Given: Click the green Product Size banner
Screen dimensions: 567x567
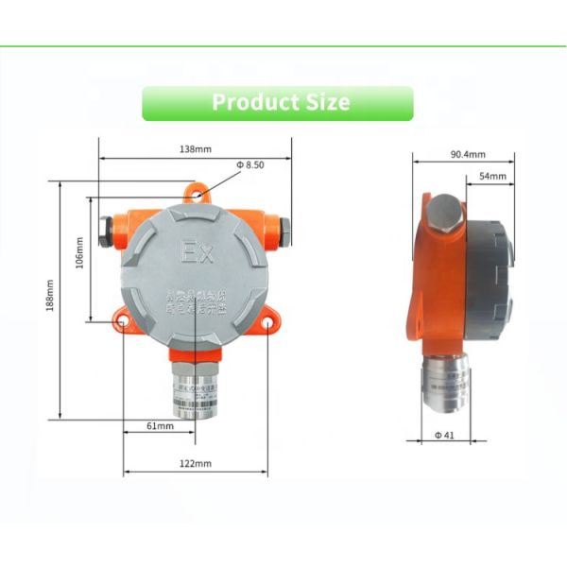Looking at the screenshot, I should pyautogui.click(x=278, y=103).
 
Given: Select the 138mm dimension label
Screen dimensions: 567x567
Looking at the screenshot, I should pyautogui.click(x=195, y=149).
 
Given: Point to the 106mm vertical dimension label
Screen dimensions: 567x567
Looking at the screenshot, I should pyautogui.click(x=79, y=252).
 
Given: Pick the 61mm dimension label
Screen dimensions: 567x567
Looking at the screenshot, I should pyautogui.click(x=161, y=427).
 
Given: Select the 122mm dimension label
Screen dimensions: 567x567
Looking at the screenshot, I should pyautogui.click(x=196, y=463).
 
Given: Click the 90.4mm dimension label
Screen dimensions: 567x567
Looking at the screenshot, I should pyautogui.click(x=467, y=154).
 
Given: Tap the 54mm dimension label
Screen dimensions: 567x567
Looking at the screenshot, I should pyautogui.click(x=492, y=177).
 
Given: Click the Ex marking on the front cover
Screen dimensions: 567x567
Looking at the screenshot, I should pyautogui.click(x=197, y=252).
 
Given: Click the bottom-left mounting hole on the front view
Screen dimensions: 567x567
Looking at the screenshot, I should pyautogui.click(x=123, y=322).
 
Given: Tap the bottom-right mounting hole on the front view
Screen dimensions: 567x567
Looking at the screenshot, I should pyautogui.click(x=267, y=322).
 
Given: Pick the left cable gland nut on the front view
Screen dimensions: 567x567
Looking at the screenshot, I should pyautogui.click(x=105, y=229).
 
